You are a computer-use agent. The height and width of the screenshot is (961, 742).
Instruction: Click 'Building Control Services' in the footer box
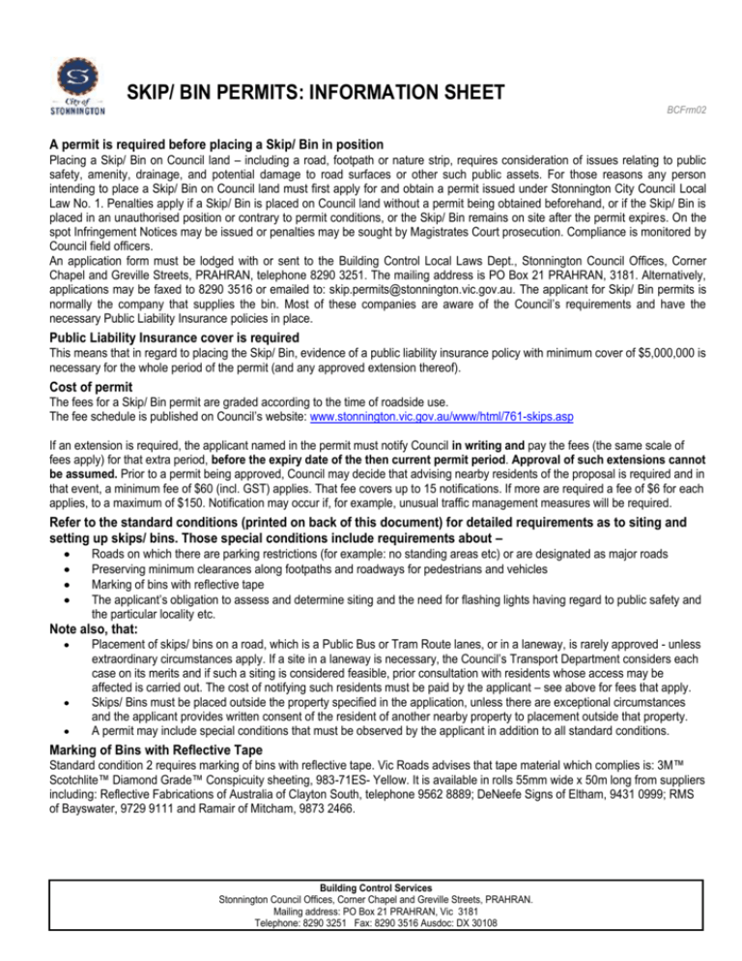371,887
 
